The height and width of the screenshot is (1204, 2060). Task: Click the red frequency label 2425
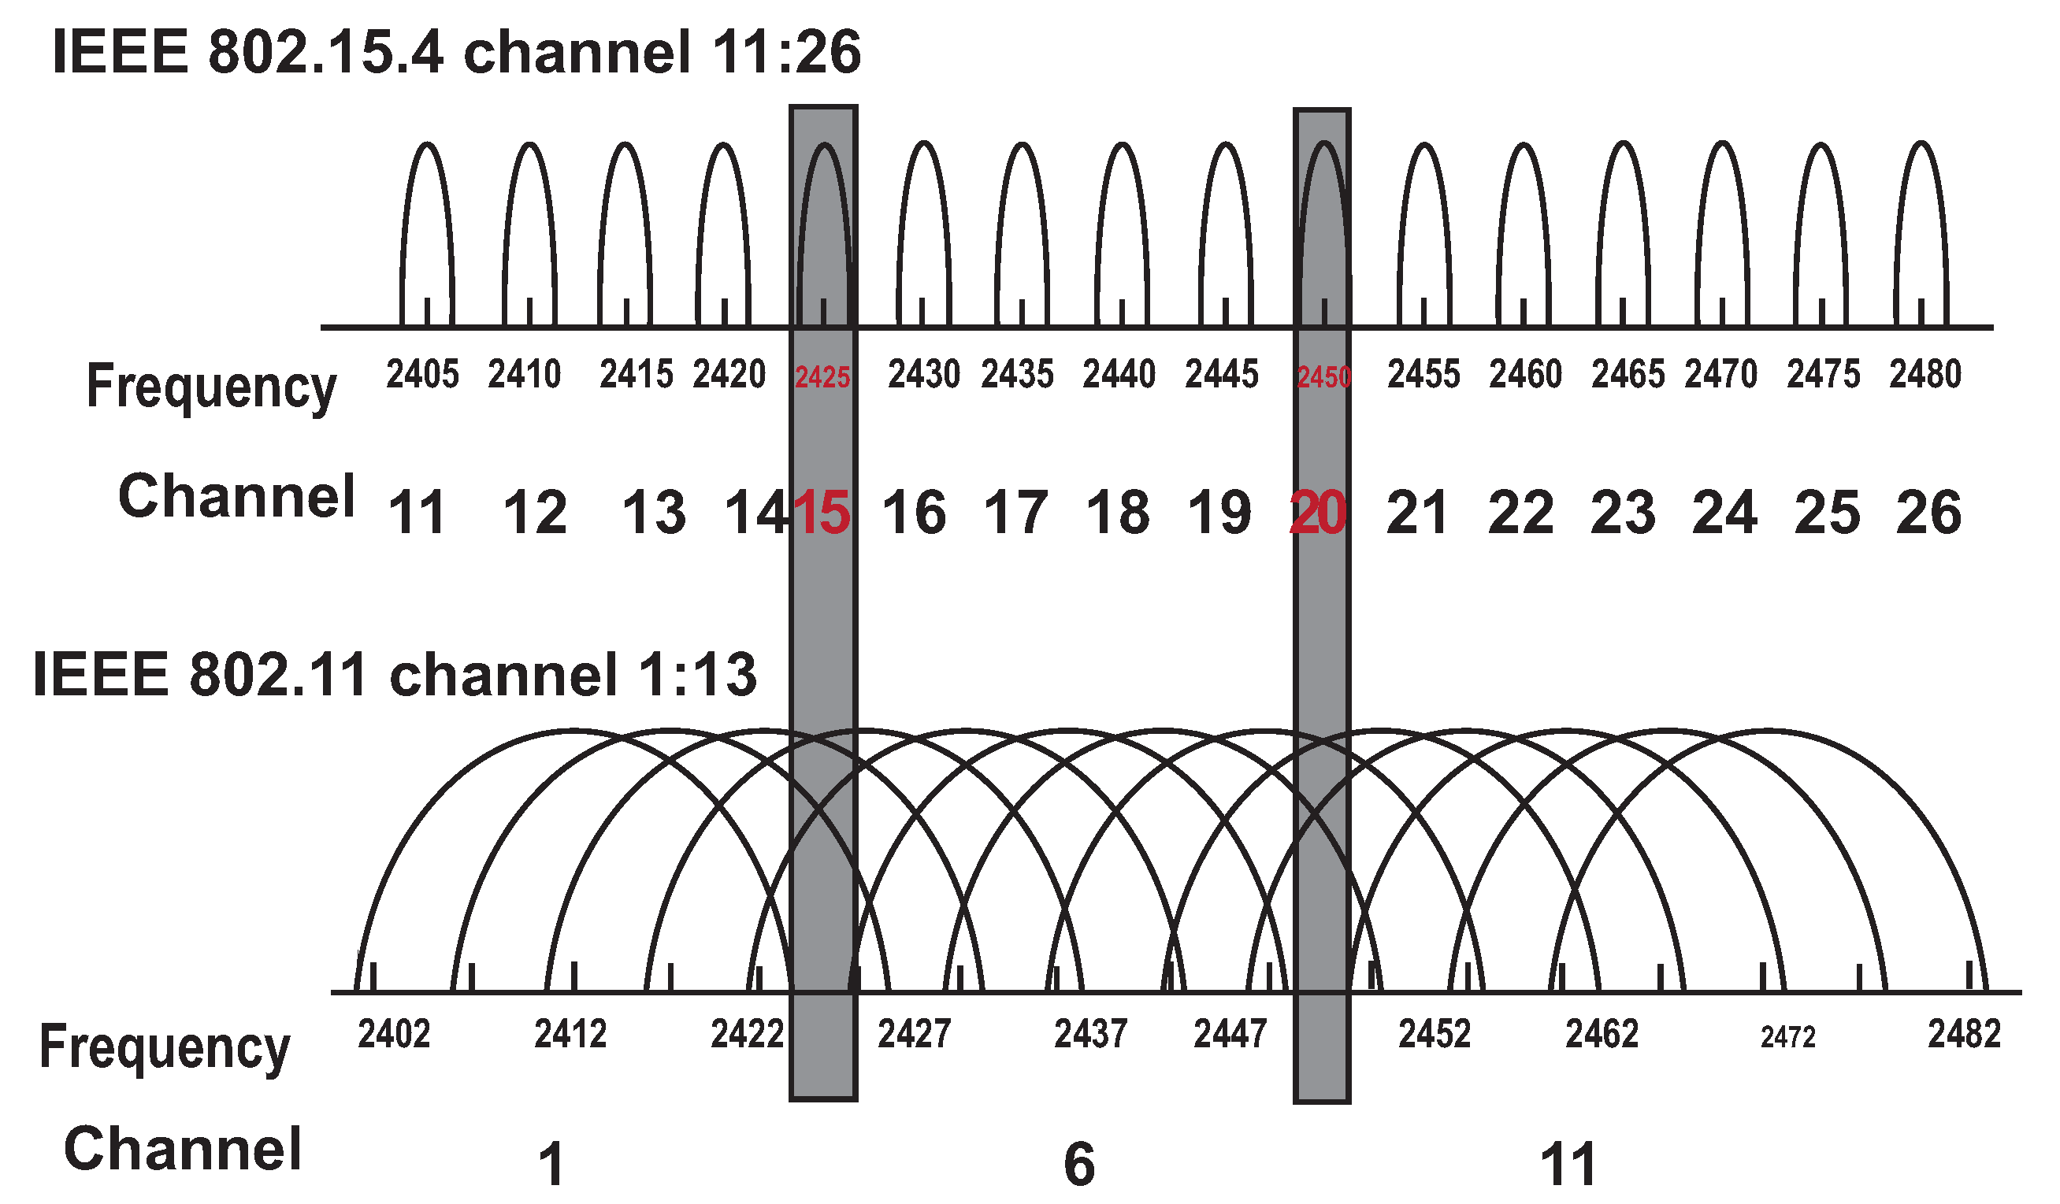[x=822, y=378]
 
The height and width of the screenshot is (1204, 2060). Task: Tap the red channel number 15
[x=822, y=513]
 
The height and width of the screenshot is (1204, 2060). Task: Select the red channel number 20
[x=1317, y=513]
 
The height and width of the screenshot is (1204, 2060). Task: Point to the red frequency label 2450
[x=1324, y=378]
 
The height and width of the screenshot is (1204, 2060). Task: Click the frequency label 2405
[x=422, y=374]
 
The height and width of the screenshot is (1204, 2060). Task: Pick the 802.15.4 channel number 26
[x=1928, y=513]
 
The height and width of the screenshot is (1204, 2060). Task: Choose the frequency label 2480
[x=1925, y=374]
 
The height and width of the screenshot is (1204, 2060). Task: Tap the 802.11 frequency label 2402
[x=394, y=1034]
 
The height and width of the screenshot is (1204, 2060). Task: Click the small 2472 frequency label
[x=1787, y=1037]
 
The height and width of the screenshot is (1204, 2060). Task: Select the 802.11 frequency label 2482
[x=1965, y=1034]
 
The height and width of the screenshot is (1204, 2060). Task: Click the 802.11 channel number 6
[x=1079, y=1164]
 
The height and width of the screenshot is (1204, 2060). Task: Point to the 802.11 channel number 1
[x=551, y=1164]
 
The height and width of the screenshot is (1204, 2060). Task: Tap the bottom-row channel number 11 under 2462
[x=1568, y=1164]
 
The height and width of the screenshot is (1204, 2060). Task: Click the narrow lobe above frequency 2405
[x=428, y=229]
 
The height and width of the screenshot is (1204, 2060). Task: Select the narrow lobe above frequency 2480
[x=1922, y=229]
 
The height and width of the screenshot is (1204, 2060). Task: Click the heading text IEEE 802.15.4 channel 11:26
[x=456, y=51]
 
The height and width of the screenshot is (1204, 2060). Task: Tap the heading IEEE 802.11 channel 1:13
[x=395, y=675]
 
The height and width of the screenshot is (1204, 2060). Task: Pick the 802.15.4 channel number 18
[x=1118, y=513]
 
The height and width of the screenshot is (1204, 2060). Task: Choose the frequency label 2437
[x=1090, y=1034]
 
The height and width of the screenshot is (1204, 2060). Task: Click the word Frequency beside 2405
[x=211, y=386]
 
